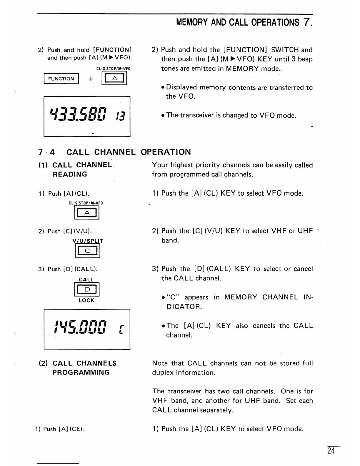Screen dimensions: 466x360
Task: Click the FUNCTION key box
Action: tap(61, 79)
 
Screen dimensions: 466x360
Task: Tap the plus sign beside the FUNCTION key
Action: tap(91, 79)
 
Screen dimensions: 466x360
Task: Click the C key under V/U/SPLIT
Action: tap(88, 251)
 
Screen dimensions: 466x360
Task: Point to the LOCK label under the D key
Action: tap(86, 300)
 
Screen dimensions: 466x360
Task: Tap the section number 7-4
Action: tap(46, 152)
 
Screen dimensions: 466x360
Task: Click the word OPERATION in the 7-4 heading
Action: tap(166, 152)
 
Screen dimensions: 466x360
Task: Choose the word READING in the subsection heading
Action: tap(70, 174)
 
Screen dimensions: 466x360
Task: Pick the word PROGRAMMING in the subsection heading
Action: tap(81, 372)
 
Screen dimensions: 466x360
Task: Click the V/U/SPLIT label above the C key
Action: tap(88, 241)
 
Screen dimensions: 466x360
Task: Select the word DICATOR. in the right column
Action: tap(184, 307)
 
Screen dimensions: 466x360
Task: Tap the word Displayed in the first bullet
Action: tap(181, 87)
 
